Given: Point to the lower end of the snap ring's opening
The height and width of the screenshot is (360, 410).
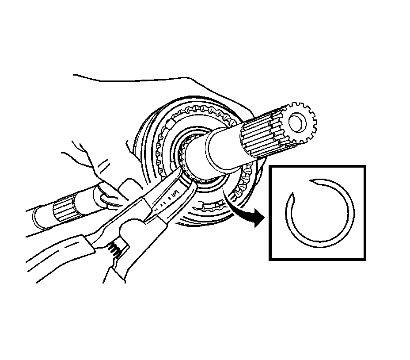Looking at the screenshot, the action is (x=291, y=195).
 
